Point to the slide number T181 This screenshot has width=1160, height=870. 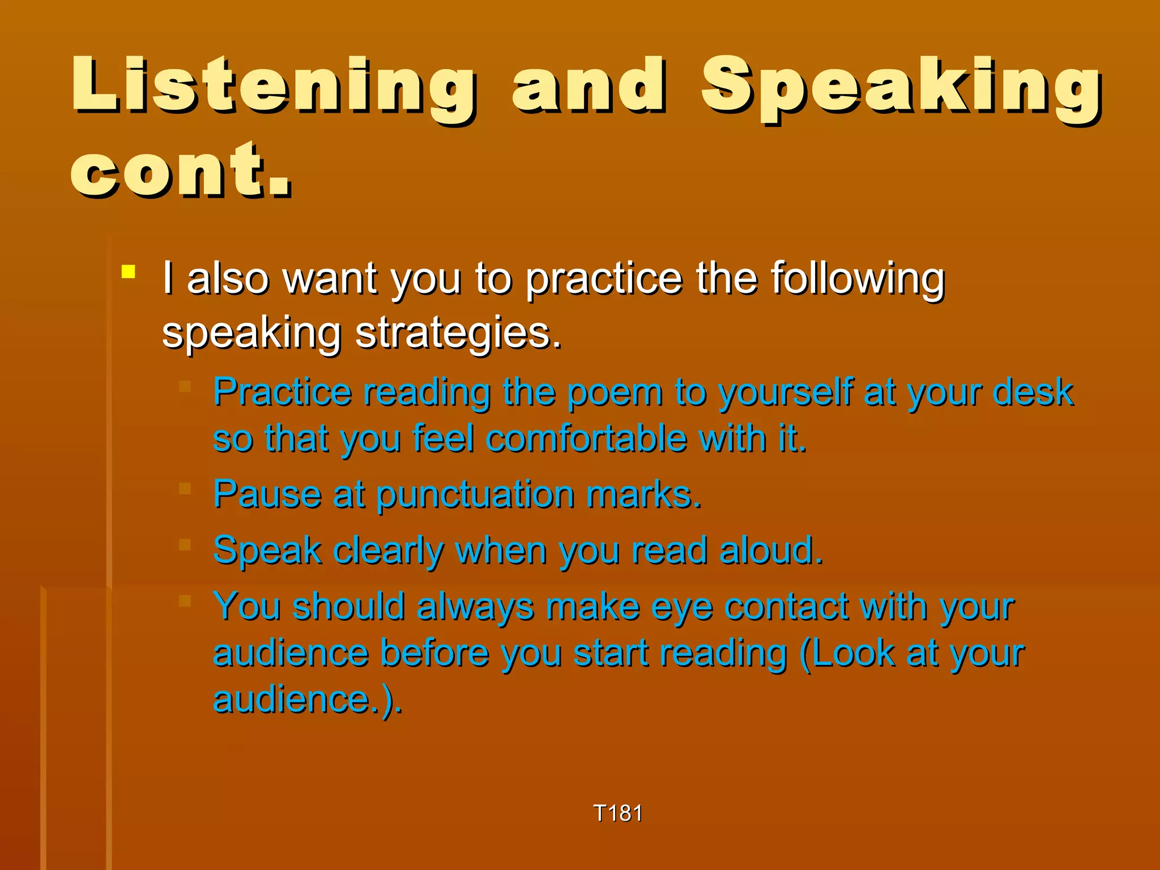(617, 813)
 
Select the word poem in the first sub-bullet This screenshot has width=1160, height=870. (615, 392)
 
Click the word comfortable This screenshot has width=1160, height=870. (586, 438)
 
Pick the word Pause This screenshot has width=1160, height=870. (267, 494)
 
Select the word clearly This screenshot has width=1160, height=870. (389, 551)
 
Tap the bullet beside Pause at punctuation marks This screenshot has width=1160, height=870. (185, 488)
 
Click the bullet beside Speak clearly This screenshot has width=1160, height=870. (185, 544)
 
